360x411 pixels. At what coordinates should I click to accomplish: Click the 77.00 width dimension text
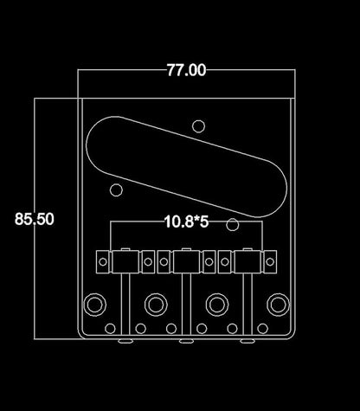coord(186,71)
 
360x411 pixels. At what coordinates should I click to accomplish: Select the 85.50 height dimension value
coord(35,219)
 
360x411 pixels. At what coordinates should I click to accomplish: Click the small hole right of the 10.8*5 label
coord(232,225)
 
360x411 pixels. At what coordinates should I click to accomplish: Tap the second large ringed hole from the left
coord(156,305)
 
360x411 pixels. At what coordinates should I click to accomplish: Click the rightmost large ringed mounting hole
coord(276,305)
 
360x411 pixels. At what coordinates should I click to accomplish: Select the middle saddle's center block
coord(184,259)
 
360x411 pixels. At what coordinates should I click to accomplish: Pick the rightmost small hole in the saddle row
coord(273,259)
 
